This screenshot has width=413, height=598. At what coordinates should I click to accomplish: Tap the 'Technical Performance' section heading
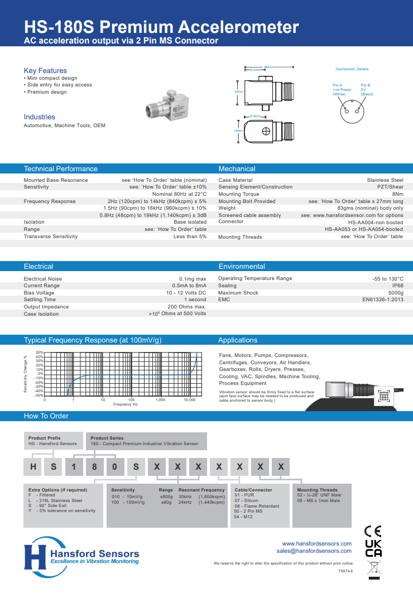click(x=60, y=168)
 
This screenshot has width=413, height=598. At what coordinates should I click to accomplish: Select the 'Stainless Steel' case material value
click(x=385, y=180)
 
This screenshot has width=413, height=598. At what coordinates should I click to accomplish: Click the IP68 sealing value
click(x=397, y=286)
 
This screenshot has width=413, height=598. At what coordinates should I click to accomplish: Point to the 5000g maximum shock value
click(x=395, y=293)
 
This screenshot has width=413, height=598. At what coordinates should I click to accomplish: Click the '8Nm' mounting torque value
click(x=397, y=194)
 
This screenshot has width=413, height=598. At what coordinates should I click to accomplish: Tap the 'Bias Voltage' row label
click(x=39, y=293)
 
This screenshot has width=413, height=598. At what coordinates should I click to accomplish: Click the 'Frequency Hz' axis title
click(x=125, y=404)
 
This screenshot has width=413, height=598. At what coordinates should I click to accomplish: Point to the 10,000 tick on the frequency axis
click(x=189, y=400)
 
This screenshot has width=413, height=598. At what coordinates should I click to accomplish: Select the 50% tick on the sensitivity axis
click(x=40, y=353)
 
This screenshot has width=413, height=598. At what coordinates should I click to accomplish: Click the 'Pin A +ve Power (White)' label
click(x=342, y=90)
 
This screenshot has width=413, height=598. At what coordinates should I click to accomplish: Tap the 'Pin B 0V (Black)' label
click(x=367, y=90)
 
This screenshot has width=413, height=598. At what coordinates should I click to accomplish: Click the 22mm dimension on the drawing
click(x=238, y=91)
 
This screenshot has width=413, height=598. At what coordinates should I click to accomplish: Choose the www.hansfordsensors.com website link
click(x=316, y=543)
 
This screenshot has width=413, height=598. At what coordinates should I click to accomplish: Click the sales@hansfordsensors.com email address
click(x=314, y=551)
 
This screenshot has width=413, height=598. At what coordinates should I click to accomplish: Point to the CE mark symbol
click(x=373, y=531)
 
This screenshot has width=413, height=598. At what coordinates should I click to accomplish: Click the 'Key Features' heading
click(x=45, y=70)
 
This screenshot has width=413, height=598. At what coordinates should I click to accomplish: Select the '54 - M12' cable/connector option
click(x=244, y=517)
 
